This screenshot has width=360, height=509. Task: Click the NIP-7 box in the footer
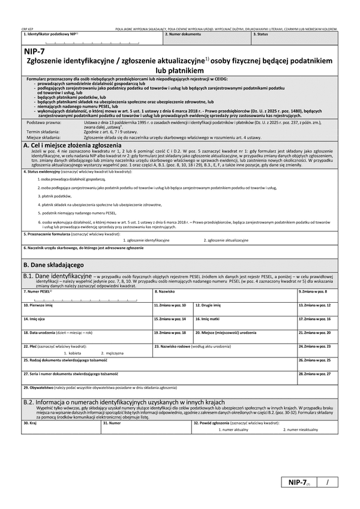(x=299, y=483)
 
